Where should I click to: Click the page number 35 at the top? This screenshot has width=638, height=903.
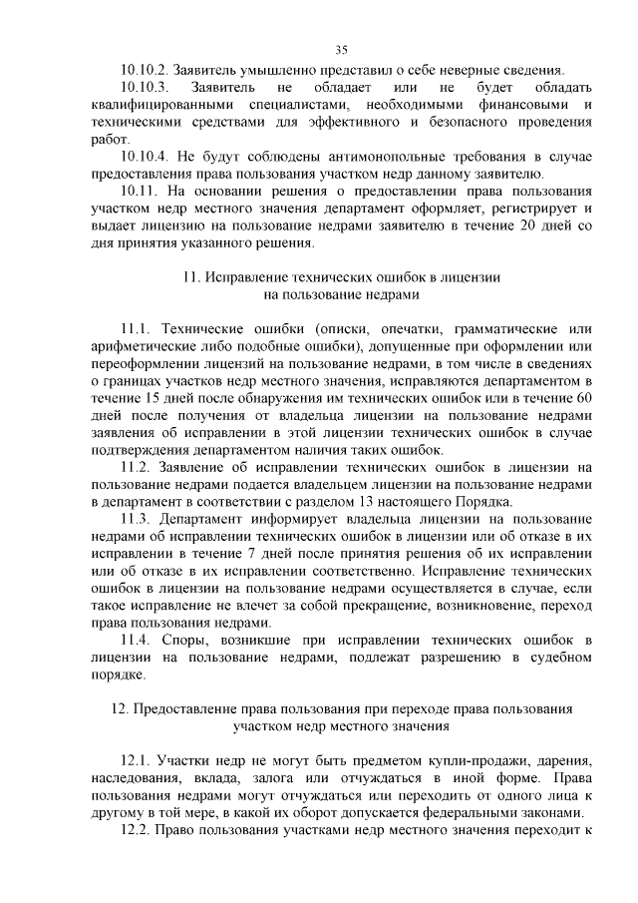[341, 50]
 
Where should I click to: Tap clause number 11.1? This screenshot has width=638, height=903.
[134, 329]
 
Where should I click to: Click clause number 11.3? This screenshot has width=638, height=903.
[134, 519]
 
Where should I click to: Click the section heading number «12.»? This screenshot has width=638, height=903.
[116, 709]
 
